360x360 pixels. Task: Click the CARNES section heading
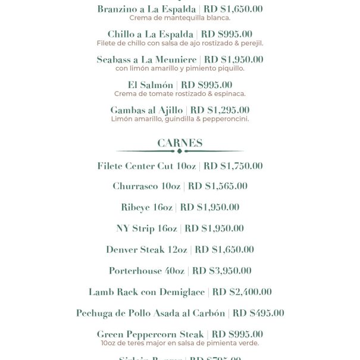point(180,143)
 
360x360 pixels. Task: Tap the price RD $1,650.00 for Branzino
point(233,10)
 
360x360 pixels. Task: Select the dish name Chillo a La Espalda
point(151,35)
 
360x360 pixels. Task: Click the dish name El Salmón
point(151,85)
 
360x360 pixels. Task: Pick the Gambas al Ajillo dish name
point(146,110)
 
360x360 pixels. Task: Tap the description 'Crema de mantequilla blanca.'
point(180,18)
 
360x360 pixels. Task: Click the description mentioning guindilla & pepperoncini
point(180,118)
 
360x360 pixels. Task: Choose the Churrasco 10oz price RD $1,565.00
point(217,186)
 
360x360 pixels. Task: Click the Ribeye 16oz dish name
point(146,207)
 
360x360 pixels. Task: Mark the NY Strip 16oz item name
point(146,228)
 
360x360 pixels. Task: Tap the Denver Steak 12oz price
point(224,250)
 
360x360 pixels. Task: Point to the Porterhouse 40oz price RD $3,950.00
point(221,271)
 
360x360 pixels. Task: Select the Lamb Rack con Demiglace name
point(146,292)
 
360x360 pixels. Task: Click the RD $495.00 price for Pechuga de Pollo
point(258,313)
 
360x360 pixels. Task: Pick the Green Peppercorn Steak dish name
point(150,334)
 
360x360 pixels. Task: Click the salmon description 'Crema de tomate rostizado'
point(180,93)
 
